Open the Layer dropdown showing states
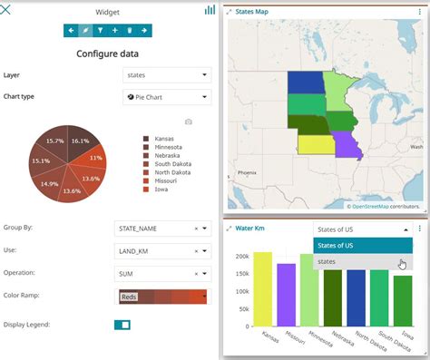[x=166, y=74]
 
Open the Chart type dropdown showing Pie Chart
[x=166, y=96]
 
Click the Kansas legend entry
[x=165, y=139]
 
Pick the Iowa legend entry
[x=162, y=189]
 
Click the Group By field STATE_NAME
[x=154, y=229]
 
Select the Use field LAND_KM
[x=154, y=250]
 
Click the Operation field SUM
[x=154, y=272]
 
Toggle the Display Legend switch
[x=122, y=325]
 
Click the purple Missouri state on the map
[x=346, y=144]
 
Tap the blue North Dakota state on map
[x=305, y=82]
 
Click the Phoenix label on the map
[x=248, y=171]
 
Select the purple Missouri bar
[x=287, y=296]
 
